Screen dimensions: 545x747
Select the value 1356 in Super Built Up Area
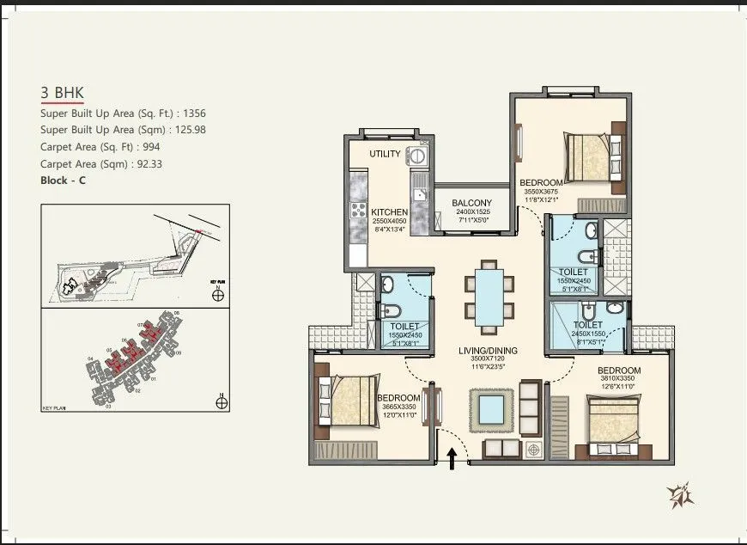point(192,113)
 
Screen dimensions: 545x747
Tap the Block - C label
point(63,181)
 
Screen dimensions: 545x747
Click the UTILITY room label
point(385,154)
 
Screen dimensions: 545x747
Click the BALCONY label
point(471,204)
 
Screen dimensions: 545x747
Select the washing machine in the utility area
point(418,156)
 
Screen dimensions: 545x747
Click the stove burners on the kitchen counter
point(356,211)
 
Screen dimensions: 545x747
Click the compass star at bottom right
point(681,495)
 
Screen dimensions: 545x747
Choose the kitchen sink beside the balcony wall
point(420,195)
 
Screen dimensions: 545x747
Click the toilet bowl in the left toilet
point(388,311)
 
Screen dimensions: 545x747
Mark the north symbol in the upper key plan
point(219,296)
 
